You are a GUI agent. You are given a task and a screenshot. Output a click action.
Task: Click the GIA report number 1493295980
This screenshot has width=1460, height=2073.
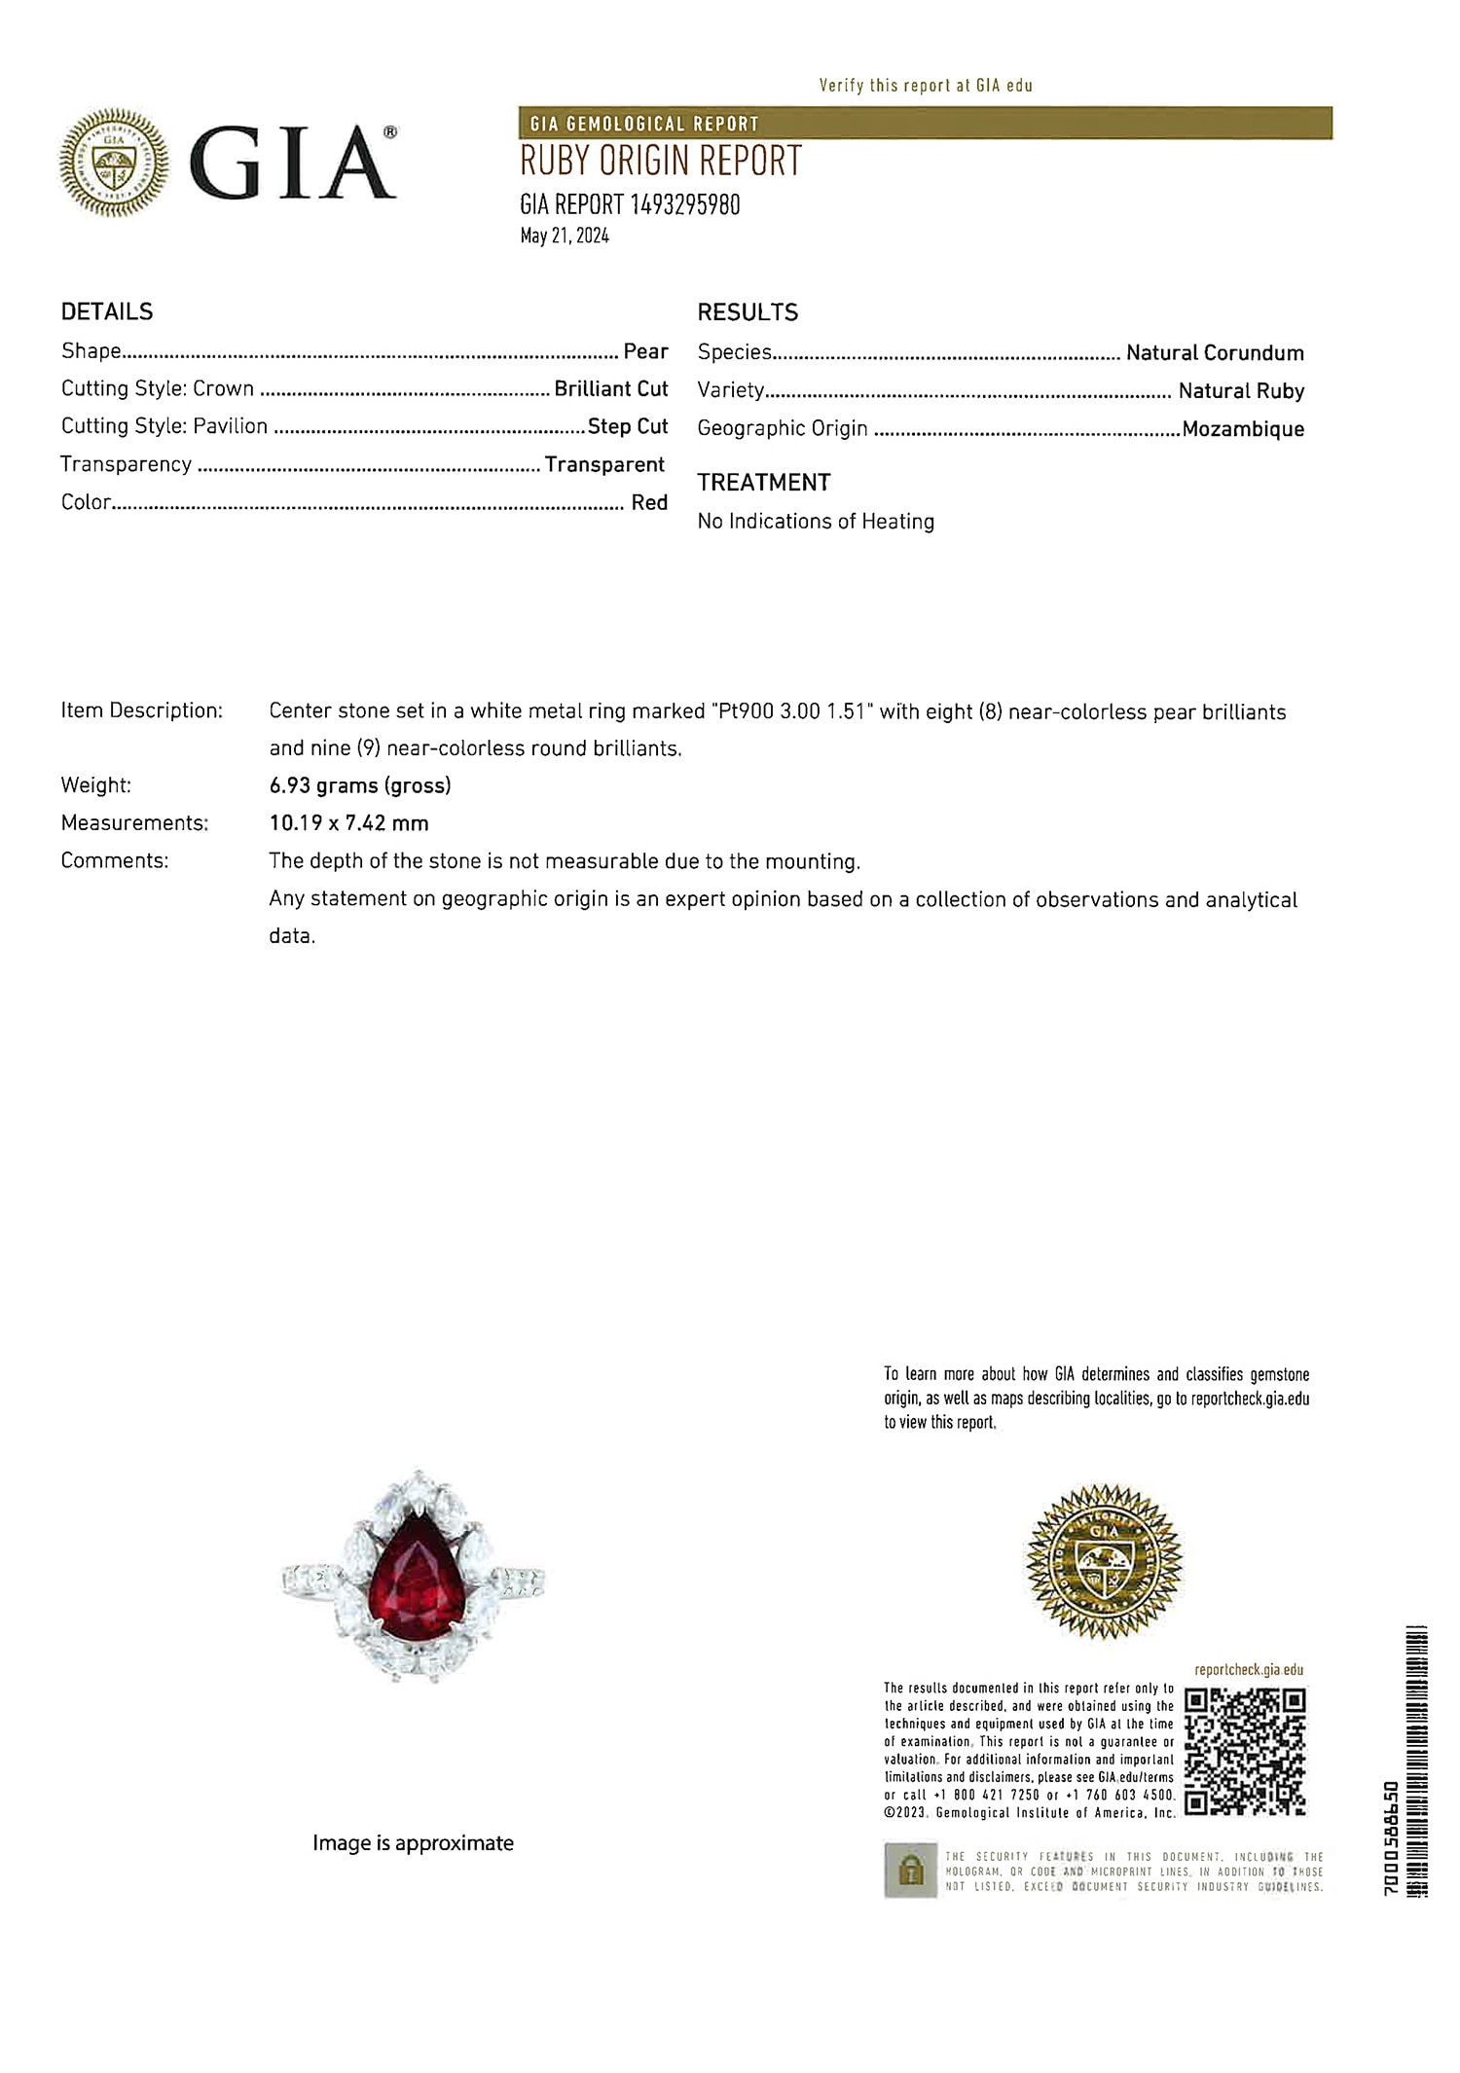pos(630,204)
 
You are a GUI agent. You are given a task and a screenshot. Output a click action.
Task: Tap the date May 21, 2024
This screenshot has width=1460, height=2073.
pos(565,236)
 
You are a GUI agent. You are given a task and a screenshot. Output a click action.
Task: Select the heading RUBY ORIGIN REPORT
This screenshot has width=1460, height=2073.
pos(660,162)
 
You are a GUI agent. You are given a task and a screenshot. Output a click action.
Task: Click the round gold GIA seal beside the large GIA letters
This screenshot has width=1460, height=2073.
pos(114,162)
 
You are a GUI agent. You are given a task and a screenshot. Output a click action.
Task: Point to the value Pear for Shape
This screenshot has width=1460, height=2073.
pos(645,351)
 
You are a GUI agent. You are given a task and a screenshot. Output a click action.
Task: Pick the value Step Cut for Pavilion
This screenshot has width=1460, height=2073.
pos(628,426)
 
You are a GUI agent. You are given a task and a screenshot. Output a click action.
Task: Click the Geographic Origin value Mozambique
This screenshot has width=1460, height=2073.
pos(1243,429)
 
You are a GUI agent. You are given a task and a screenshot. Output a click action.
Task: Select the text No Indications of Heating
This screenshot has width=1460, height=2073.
pos(816,522)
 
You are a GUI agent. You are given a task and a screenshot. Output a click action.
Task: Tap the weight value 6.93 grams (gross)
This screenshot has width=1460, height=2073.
pos(360,785)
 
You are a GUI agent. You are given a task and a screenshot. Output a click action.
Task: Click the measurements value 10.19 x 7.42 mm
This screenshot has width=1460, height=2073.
pos(348,823)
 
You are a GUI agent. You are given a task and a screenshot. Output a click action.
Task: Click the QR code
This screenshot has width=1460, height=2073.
pos(1245,1753)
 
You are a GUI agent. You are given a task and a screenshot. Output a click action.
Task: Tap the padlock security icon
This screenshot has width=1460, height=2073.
pos(910,1870)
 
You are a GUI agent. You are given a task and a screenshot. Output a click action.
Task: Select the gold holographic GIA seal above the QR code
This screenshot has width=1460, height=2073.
pos(1104,1561)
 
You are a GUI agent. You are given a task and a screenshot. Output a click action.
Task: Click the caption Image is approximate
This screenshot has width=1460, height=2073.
pos(413,1843)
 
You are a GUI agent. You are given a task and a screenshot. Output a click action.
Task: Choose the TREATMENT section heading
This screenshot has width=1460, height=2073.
pos(763,483)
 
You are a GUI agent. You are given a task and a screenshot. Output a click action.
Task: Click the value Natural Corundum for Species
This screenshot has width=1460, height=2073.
pos(1214,353)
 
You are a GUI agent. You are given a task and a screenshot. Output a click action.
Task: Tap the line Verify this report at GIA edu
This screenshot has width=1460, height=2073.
pos(925,86)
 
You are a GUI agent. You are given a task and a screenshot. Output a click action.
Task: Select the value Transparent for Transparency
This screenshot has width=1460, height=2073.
pos(604,464)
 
